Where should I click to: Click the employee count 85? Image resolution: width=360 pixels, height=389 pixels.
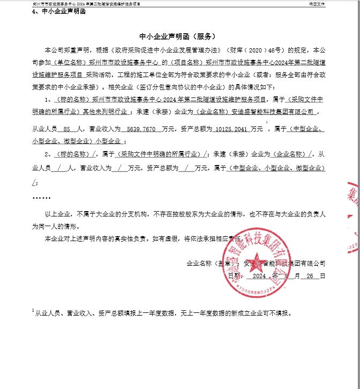pos(67,129)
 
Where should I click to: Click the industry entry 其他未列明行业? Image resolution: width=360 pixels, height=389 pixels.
pos(109,112)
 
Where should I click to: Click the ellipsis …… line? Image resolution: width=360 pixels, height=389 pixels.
pos(41,197)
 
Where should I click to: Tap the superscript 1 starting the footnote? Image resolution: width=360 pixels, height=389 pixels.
pos(33,310)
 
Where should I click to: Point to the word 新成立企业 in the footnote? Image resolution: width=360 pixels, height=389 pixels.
pos(245,313)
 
